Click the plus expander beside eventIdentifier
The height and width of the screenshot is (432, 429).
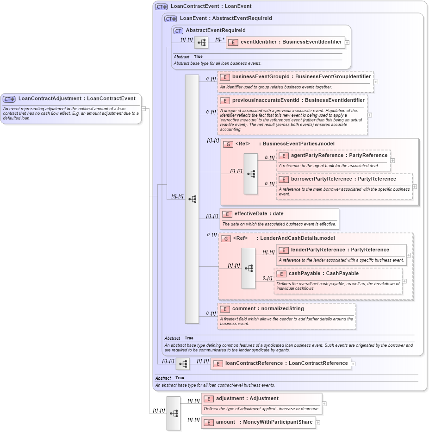click(347, 42)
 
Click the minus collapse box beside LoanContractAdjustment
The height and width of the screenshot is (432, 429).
click(144, 109)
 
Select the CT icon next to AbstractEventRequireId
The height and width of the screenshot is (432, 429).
click(178, 31)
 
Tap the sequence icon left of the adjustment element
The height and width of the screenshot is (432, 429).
click(174, 413)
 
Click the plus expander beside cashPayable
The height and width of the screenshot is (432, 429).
click(404, 281)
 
